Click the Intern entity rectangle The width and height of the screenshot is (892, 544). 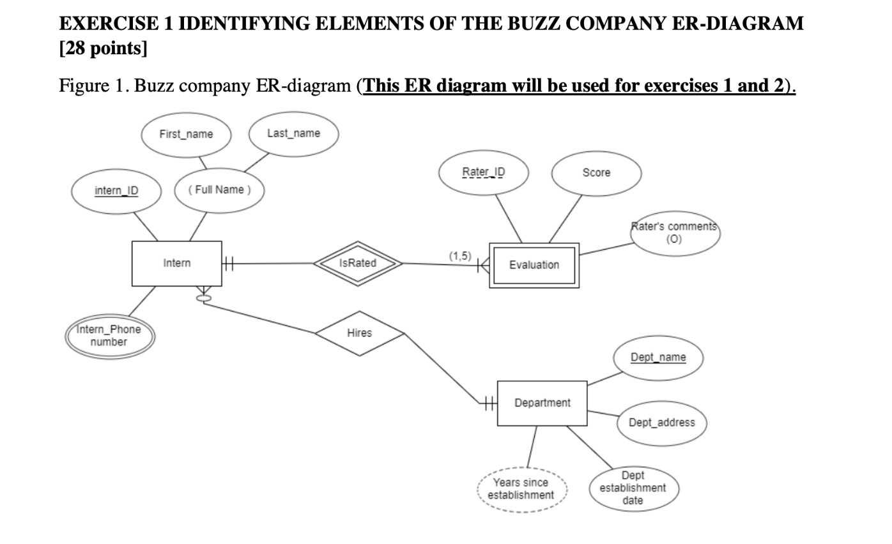coord(176,263)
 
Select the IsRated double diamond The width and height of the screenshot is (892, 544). coord(358,263)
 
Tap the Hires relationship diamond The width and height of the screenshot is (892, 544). coord(359,333)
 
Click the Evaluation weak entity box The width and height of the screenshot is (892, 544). coord(534,265)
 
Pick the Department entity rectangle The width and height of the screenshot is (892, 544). coord(542,403)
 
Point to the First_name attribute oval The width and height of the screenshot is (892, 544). coord(186,134)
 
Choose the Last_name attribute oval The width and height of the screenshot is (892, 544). coord(293,133)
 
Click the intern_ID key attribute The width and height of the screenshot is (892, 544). coord(116,191)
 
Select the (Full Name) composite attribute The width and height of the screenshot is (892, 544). coord(219,190)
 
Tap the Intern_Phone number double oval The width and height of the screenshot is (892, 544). coord(109,336)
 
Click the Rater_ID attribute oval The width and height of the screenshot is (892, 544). coord(484,172)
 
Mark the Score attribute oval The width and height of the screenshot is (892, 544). coord(596,173)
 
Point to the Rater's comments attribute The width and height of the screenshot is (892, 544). coord(675,233)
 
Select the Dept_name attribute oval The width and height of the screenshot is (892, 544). coord(658,358)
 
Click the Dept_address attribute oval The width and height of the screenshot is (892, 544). coord(661,423)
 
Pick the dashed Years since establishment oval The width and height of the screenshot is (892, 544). coord(521,489)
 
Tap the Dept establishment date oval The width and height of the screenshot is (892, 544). coord(633,488)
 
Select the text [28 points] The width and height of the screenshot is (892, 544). coord(103,49)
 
